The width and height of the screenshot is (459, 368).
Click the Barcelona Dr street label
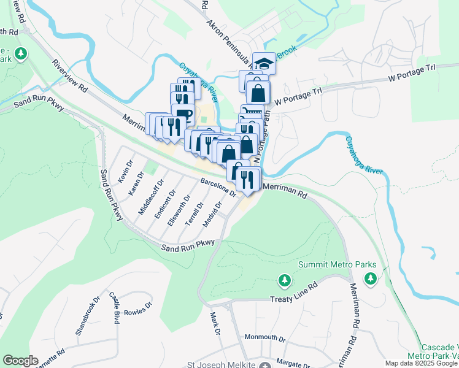coord(218,187)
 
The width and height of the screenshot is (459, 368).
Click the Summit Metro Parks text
coord(337,265)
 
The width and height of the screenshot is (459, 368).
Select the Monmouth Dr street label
coord(265,338)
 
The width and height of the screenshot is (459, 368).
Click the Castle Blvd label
coord(114,304)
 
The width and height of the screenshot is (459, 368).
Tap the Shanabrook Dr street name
coord(87,316)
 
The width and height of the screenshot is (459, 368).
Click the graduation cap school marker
coord(264,63)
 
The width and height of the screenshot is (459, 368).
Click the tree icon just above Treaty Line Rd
coord(284,281)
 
